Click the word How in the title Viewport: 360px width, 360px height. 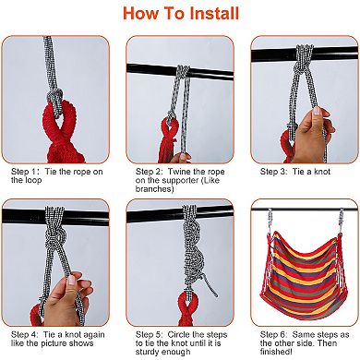click(140, 14)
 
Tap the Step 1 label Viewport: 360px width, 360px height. click(25, 172)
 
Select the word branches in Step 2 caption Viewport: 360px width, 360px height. click(155, 189)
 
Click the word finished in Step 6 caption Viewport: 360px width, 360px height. click(276, 352)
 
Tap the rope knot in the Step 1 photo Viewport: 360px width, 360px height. click(55, 99)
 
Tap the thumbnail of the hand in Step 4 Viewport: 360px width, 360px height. click(72, 281)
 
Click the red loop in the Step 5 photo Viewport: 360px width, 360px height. click(188, 307)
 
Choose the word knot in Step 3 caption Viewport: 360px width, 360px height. click(321, 172)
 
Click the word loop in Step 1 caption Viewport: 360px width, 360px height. click(33, 181)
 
